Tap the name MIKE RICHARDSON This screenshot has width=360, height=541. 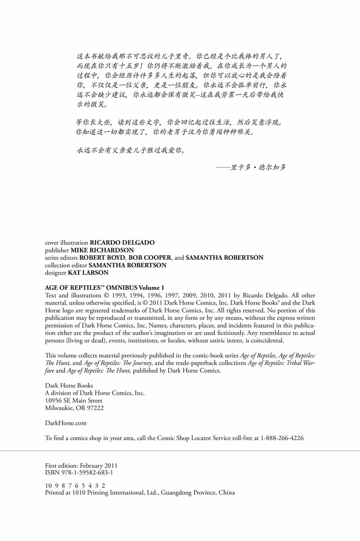coord(102,250)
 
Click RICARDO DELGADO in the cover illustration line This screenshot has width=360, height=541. coord(122,242)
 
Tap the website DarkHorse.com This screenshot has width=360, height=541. coord(66,423)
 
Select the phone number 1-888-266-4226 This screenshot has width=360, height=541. coord(282,438)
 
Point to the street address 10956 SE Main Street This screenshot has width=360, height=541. coord(74,400)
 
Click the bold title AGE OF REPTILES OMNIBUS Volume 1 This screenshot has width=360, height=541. coord(105,288)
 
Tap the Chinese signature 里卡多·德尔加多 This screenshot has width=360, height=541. coord(258,168)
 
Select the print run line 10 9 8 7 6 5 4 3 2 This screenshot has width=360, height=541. coord(75,485)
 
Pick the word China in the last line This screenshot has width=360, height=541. coord(227,493)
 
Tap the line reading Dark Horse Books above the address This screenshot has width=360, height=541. coord(69,386)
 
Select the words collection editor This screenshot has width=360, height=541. coord(66,265)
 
